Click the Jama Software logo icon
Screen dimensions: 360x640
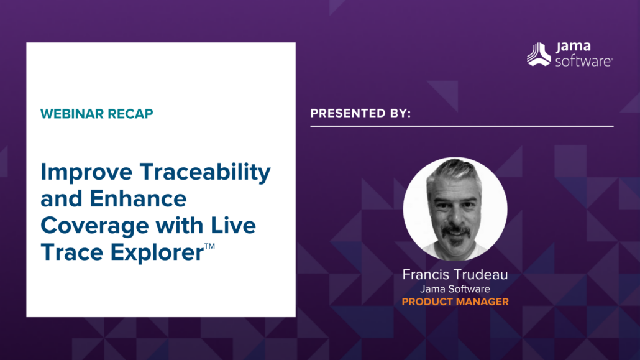tap(539, 54)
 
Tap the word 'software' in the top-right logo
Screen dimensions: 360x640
tap(583, 60)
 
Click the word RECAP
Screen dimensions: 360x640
tap(132, 114)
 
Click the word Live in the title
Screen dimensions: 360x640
tap(233, 225)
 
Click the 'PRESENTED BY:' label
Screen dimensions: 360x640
tap(360, 113)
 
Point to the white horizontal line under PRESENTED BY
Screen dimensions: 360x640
tap(462, 126)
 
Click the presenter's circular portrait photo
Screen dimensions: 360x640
tap(455, 208)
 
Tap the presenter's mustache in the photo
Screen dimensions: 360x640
tap(455, 231)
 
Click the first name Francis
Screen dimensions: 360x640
tap(426, 274)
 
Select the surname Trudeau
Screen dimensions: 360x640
tap(482, 274)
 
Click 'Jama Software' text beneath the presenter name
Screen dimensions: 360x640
tap(455, 288)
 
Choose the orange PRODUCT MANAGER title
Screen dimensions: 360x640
tap(455, 302)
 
